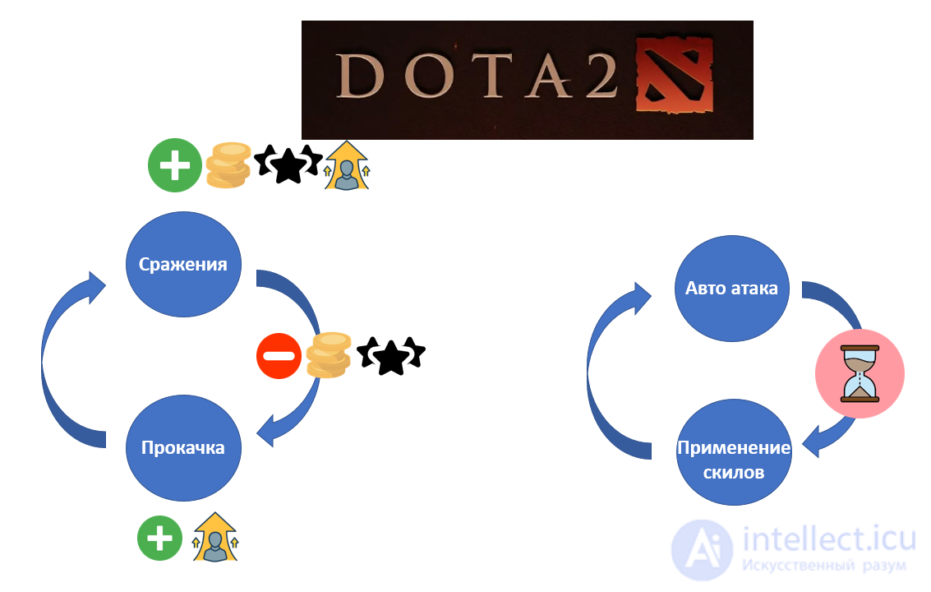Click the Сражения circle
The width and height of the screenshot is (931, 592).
point(183,265)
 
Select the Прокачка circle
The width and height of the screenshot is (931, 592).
point(183,447)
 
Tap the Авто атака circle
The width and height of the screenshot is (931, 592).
point(732,289)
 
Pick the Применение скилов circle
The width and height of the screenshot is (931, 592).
point(735,452)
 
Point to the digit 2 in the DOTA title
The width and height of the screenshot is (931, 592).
point(601,76)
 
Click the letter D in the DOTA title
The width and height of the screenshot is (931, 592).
point(358,76)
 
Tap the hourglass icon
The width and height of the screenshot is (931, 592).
point(860,374)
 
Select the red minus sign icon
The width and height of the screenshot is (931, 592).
point(279,356)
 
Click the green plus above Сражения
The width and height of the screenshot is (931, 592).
point(175,165)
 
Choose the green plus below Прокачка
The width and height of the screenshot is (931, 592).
point(159,539)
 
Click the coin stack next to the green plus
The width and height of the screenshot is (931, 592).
point(228,165)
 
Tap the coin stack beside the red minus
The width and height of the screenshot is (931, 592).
point(329,355)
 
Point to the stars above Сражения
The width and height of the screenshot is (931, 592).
point(288,164)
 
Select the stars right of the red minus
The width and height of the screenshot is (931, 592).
point(390,355)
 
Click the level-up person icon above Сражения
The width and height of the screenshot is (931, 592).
point(347,166)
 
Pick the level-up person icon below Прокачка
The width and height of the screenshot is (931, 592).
point(215,537)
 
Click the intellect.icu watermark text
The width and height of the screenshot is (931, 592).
point(829,539)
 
